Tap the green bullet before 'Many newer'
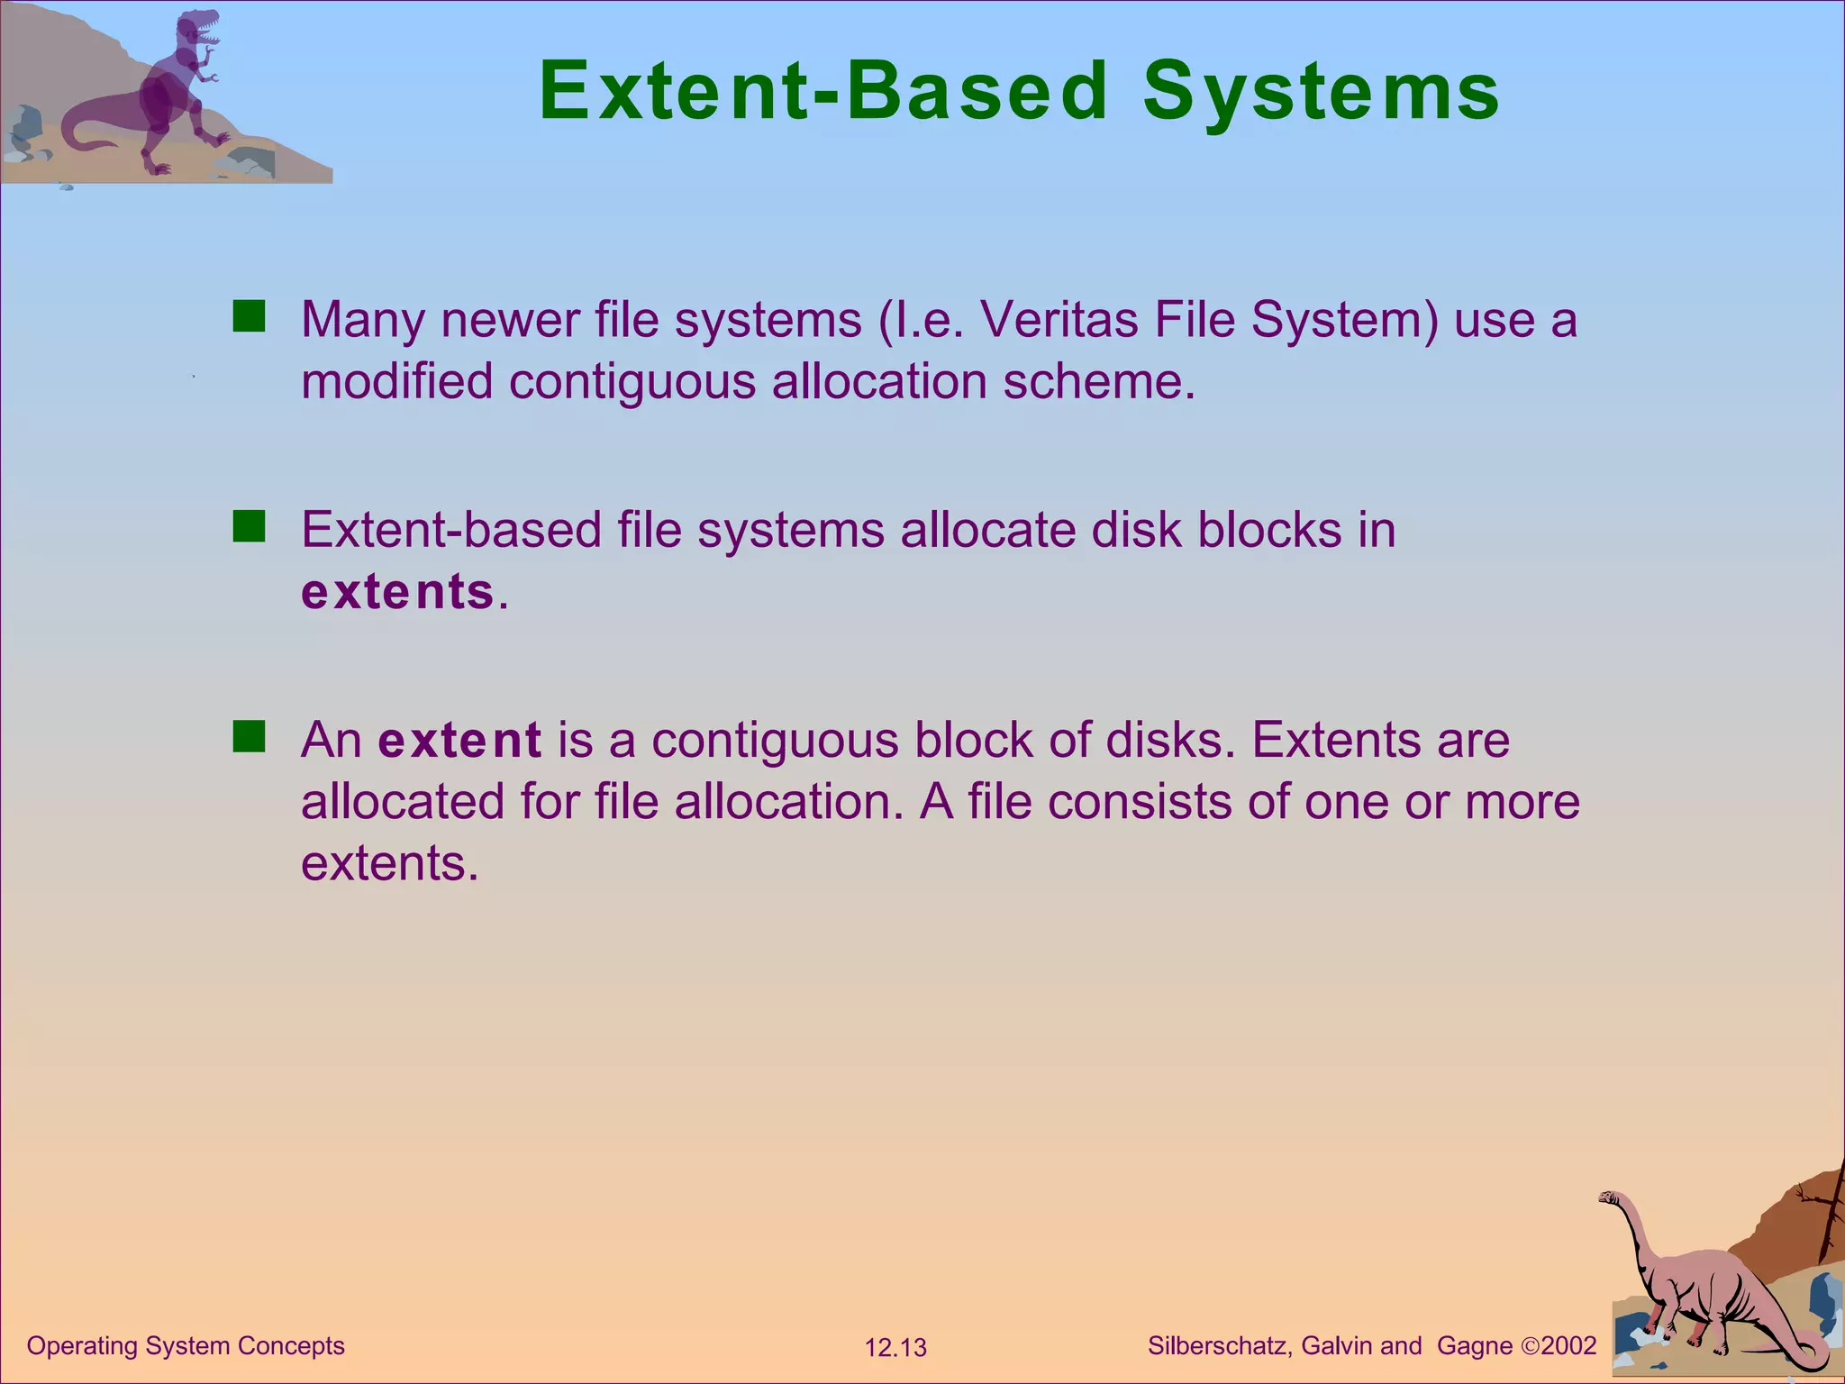click(x=249, y=317)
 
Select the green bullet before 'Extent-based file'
click(x=249, y=527)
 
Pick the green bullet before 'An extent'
click(x=249, y=737)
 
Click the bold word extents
click(x=397, y=592)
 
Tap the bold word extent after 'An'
click(x=459, y=741)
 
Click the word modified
click(x=396, y=381)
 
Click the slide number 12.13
click(x=895, y=1348)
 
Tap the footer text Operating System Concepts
click(x=186, y=1345)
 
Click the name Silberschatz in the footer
click(x=1220, y=1345)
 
